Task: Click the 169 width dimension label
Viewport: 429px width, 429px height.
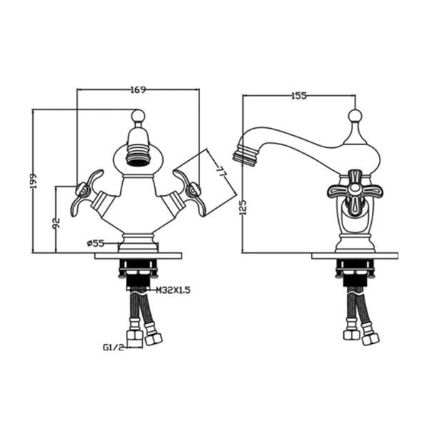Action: [x=138, y=90]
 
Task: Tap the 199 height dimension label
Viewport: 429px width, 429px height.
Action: [x=34, y=181]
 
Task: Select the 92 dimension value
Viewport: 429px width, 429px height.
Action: [x=56, y=223]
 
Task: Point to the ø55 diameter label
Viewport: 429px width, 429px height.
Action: [x=96, y=243]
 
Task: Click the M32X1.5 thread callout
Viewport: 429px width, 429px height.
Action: [x=173, y=290]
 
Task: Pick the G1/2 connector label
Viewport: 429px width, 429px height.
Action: [x=114, y=347]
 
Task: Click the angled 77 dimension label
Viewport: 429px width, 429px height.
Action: [x=221, y=172]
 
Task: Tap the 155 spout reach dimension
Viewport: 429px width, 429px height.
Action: [x=299, y=96]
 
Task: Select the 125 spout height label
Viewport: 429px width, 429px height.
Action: [x=244, y=207]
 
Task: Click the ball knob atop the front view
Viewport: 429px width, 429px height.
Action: [x=138, y=116]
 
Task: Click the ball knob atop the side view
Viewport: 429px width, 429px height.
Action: [x=355, y=115]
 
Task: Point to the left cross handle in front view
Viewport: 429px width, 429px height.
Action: [x=84, y=192]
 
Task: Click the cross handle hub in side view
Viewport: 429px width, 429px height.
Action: [x=355, y=188]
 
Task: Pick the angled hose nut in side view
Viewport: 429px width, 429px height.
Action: [x=370, y=338]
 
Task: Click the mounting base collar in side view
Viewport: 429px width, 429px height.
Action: [x=355, y=243]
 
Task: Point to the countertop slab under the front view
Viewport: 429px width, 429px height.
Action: [x=138, y=256]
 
